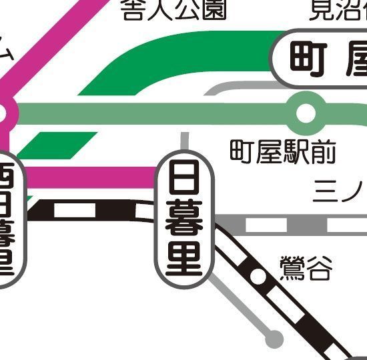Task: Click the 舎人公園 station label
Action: coord(174,9)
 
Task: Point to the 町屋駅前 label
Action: coord(283,153)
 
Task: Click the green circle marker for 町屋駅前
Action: coord(306,113)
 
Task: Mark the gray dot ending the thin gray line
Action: coord(272,338)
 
